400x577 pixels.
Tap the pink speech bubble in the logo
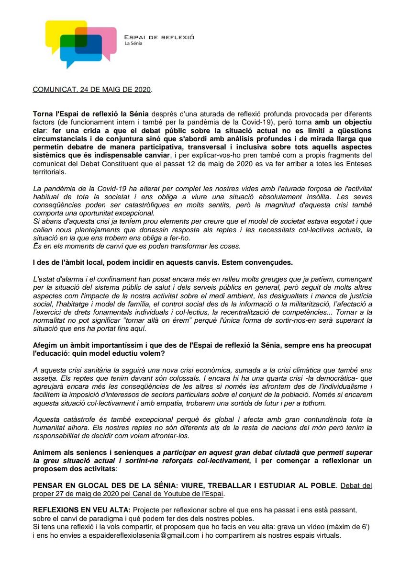point(106,38)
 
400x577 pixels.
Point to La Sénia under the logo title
point(133,44)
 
